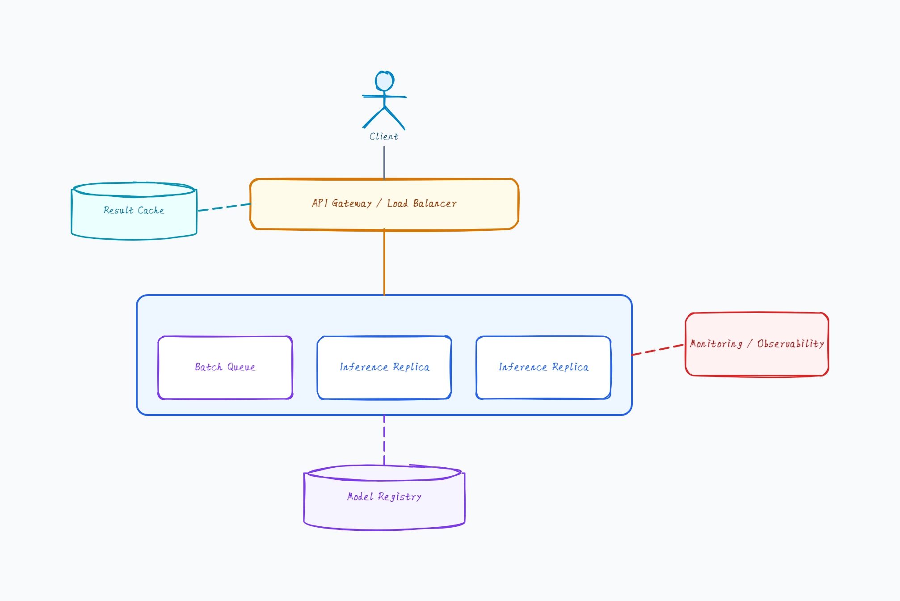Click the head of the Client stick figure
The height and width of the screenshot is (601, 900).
(384, 81)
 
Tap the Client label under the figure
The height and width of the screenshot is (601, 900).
(384, 136)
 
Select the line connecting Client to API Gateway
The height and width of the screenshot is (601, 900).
(384, 162)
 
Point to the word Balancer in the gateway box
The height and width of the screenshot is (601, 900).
(435, 203)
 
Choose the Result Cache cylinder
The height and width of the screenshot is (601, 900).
(134, 211)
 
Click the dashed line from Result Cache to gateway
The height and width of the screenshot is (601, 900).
(224, 207)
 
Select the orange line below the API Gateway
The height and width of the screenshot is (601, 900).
(384, 262)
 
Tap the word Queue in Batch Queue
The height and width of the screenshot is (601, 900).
(241, 367)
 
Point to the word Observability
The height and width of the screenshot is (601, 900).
(791, 343)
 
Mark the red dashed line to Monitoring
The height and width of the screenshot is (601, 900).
(658, 350)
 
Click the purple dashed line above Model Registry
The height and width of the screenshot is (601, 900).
(384, 440)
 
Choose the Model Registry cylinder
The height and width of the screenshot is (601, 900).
(384, 498)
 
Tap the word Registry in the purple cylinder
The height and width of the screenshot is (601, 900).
(400, 497)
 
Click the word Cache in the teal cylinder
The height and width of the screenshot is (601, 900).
(151, 210)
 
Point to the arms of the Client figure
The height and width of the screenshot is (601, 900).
(384, 96)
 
